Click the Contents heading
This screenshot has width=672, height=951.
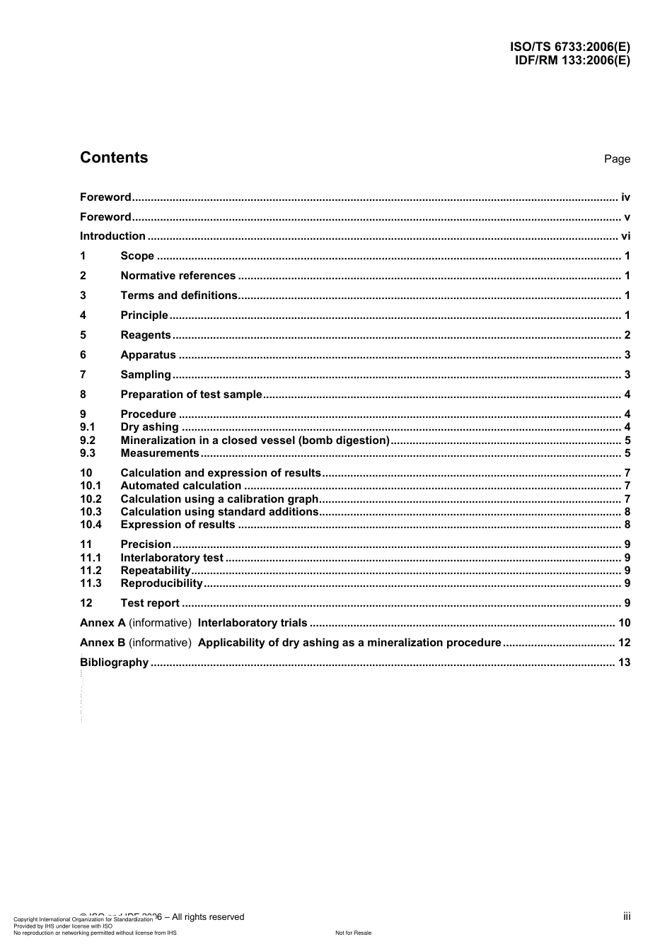click(114, 158)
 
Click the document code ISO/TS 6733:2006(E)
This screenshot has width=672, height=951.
click(569, 47)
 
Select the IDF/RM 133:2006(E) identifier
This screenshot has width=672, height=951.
click(572, 60)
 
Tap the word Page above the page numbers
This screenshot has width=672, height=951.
click(617, 159)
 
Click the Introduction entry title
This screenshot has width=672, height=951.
click(112, 236)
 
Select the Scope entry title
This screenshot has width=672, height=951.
click(137, 256)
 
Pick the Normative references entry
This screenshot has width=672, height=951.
click(178, 276)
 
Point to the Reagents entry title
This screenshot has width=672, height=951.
click(146, 335)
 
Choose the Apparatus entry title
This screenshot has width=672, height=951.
click(148, 355)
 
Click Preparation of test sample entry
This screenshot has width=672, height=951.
click(191, 395)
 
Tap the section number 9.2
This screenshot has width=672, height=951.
click(88, 441)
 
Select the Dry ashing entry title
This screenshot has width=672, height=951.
click(149, 427)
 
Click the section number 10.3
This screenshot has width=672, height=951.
click(91, 512)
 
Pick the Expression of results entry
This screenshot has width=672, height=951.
click(178, 525)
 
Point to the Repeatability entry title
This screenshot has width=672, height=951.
click(156, 571)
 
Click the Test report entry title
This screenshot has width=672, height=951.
click(150, 603)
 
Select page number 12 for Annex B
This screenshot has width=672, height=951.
click(624, 643)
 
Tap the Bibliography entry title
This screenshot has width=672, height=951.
click(115, 663)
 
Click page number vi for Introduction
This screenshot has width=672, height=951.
click(625, 236)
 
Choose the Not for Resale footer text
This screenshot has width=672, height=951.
click(353, 933)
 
